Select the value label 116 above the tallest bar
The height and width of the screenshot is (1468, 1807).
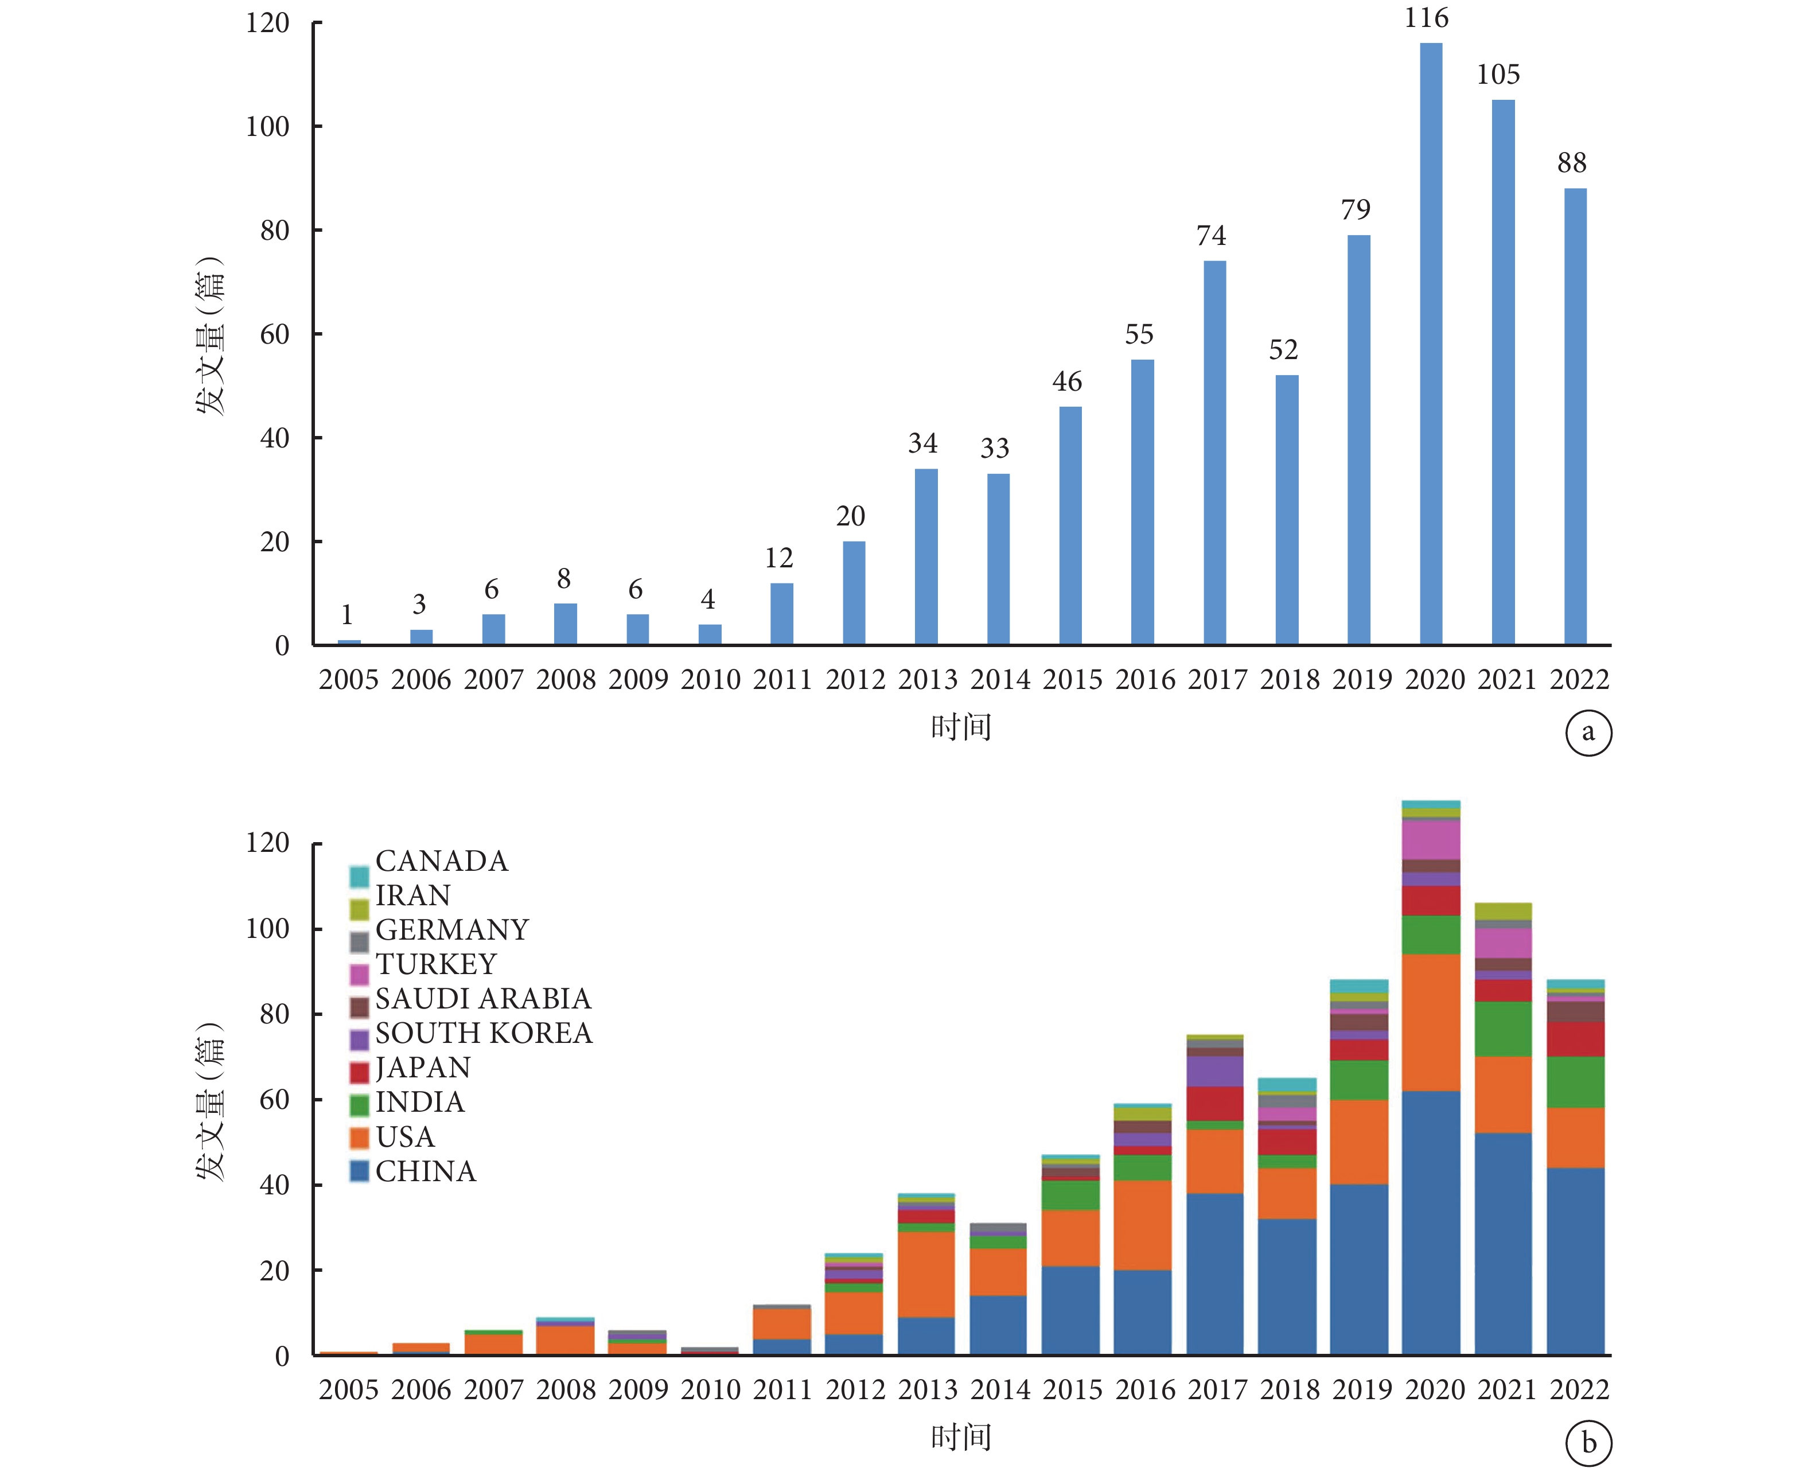click(x=1427, y=18)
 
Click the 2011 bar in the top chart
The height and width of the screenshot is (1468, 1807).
click(x=781, y=614)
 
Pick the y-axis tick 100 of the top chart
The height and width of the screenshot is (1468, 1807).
click(x=267, y=127)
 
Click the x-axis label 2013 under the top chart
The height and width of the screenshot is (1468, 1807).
click(x=928, y=679)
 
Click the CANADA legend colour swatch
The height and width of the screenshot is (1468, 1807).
click(x=359, y=876)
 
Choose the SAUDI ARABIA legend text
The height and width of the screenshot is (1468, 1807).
click(x=483, y=999)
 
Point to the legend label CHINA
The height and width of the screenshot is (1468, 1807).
click(x=425, y=1171)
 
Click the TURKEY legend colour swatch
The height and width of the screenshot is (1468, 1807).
click(x=359, y=974)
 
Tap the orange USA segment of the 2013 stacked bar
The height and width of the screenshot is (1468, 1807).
click(x=926, y=1274)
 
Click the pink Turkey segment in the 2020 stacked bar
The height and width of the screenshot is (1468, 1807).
click(x=1431, y=840)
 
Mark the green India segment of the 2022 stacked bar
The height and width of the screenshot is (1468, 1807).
click(x=1575, y=1082)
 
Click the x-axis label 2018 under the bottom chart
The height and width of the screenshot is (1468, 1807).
click(x=1290, y=1389)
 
